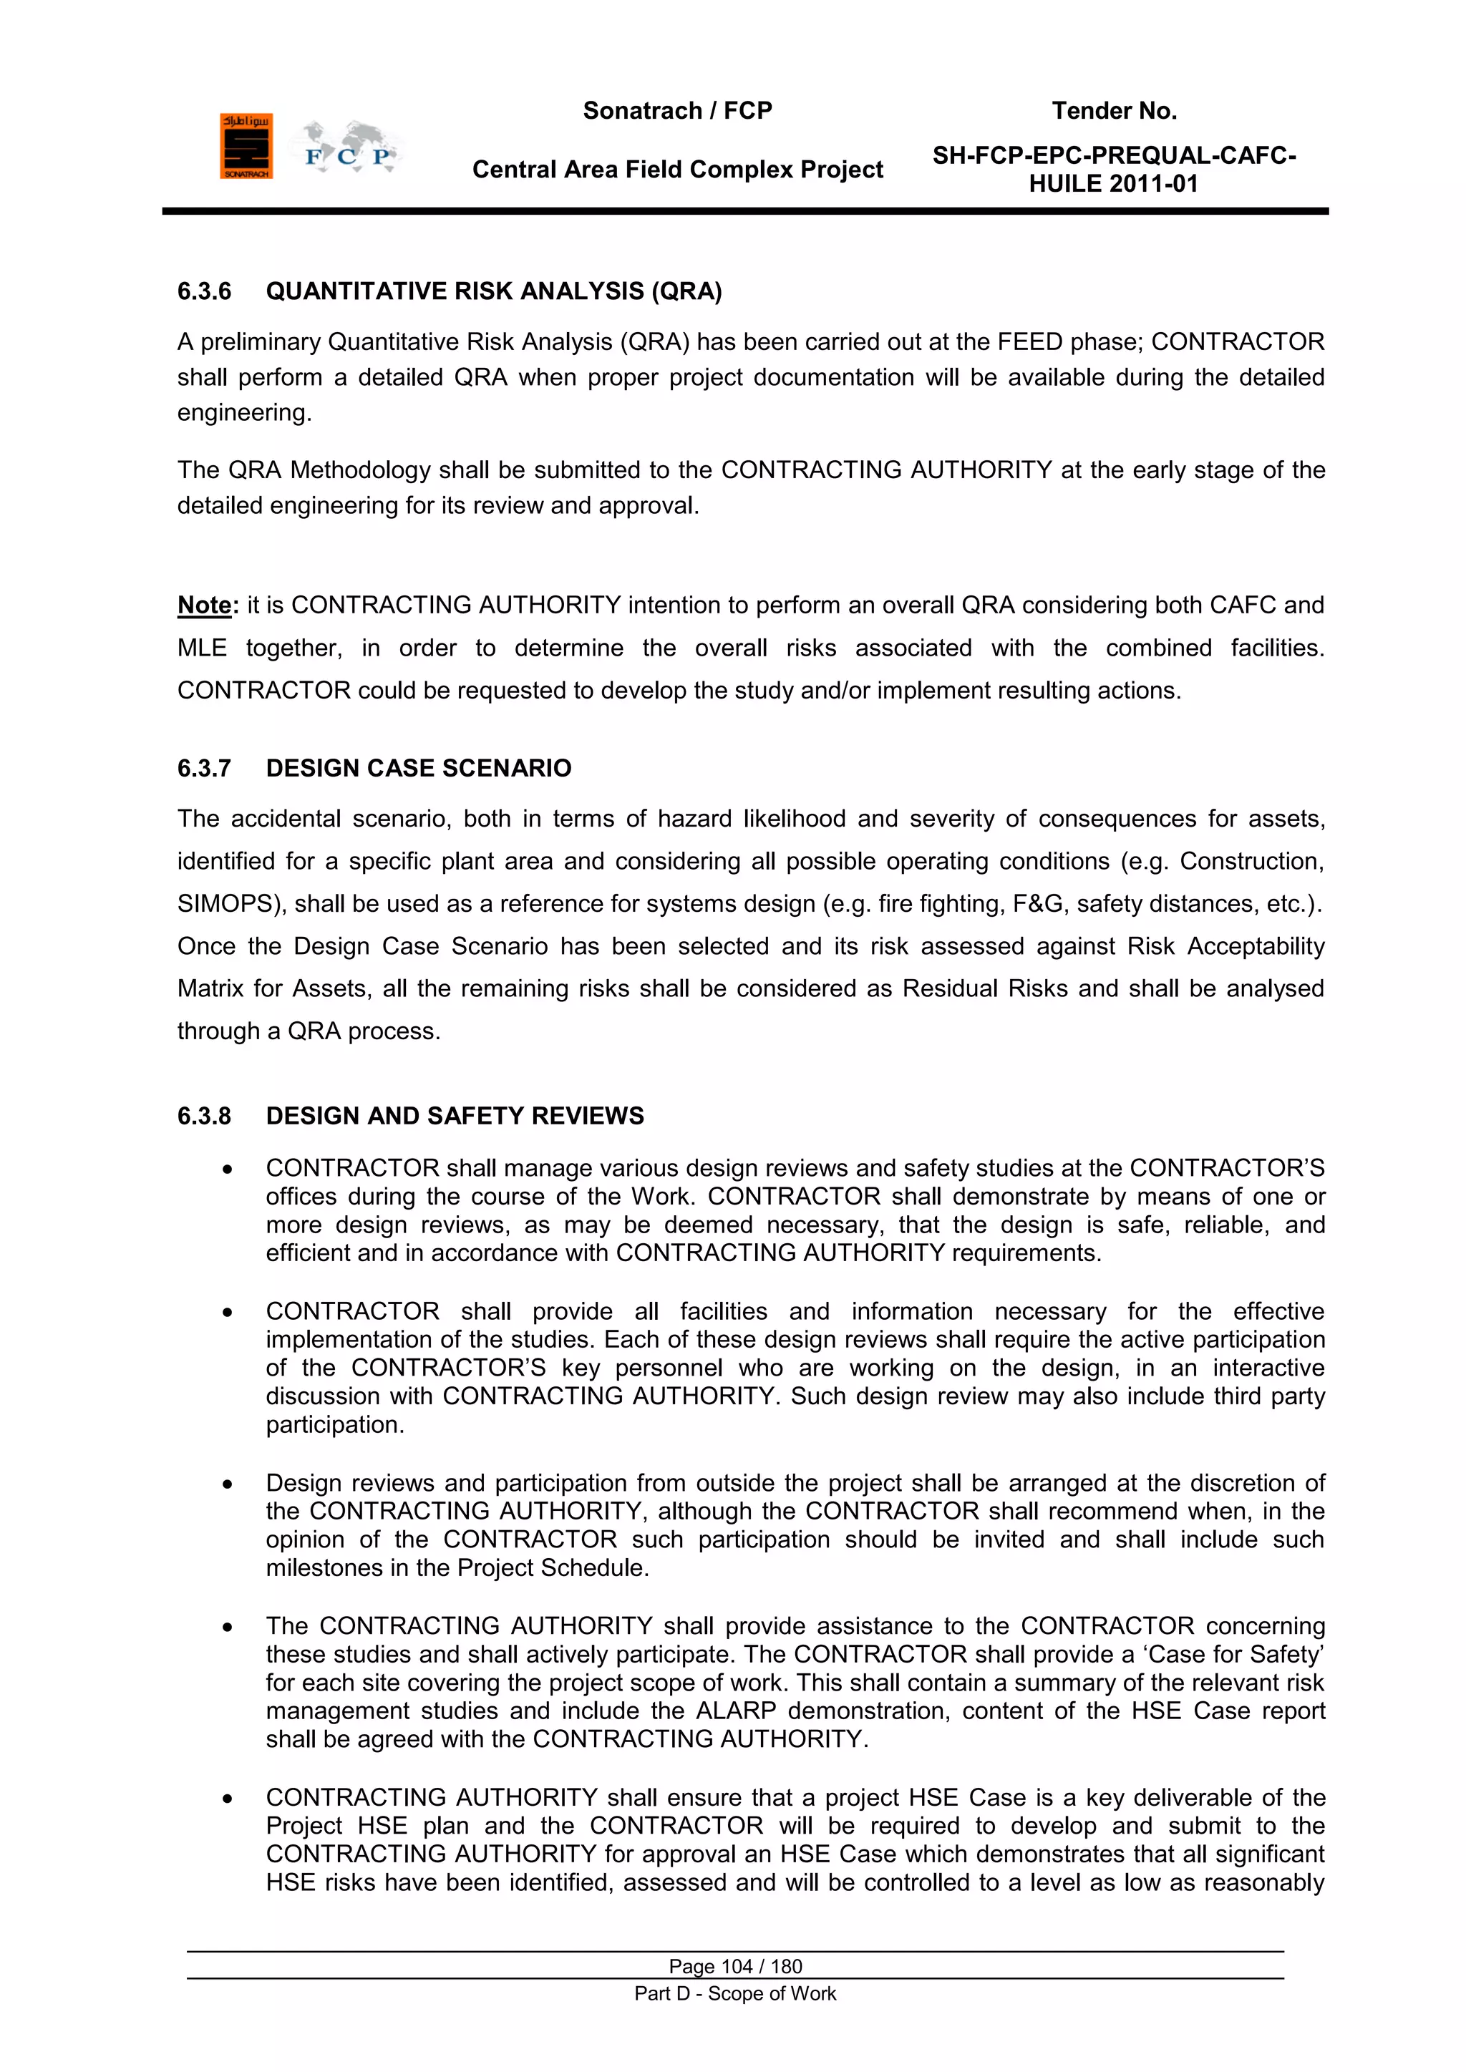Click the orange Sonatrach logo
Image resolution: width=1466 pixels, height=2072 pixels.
point(246,146)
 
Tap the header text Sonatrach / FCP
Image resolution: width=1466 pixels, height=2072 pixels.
point(677,111)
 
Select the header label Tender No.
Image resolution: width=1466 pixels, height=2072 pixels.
point(1114,111)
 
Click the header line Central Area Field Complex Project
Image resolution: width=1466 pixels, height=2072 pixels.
point(677,170)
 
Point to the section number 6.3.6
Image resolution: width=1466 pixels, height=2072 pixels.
point(204,291)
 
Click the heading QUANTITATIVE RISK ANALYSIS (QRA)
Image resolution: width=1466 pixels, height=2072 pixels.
point(494,291)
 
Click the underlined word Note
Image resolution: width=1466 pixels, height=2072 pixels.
point(205,605)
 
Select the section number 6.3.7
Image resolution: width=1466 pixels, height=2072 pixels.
point(204,768)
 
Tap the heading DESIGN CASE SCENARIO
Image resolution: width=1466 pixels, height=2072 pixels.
point(419,768)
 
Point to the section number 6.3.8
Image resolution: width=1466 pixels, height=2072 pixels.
point(204,1117)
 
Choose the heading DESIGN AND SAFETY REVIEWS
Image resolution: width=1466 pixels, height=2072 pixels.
point(455,1117)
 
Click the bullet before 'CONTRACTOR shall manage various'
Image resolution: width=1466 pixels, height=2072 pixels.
point(228,1169)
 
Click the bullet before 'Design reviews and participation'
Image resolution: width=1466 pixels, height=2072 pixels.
point(228,1484)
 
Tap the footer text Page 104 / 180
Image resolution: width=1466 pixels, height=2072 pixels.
point(735,1966)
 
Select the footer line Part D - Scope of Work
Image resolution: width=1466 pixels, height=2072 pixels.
point(735,1993)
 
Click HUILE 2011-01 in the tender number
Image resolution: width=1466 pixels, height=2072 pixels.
point(1114,184)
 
